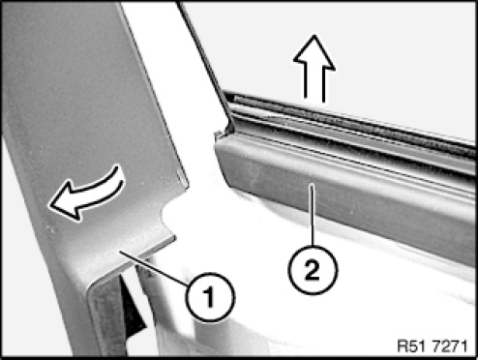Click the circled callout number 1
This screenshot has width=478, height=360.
pyautogui.click(x=210, y=297)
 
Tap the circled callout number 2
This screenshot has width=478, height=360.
pyautogui.click(x=313, y=270)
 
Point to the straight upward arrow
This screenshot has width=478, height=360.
pyautogui.click(x=314, y=69)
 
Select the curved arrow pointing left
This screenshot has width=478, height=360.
pyautogui.click(x=86, y=193)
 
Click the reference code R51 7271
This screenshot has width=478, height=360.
pyautogui.click(x=433, y=346)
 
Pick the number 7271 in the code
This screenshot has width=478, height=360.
pyautogui.click(x=449, y=346)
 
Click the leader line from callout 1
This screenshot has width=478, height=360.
pyautogui.click(x=153, y=268)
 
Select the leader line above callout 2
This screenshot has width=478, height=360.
pyautogui.click(x=312, y=215)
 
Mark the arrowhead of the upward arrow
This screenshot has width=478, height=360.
pyautogui.click(x=314, y=53)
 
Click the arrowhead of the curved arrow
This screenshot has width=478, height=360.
pyautogui.click(x=66, y=202)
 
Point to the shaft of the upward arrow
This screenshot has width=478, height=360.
pyautogui.click(x=314, y=85)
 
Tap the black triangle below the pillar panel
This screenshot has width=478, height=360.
pyautogui.click(x=132, y=311)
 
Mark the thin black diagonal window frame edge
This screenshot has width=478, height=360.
pyautogui.click(x=206, y=66)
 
